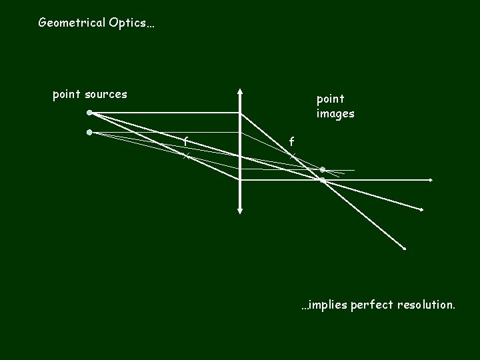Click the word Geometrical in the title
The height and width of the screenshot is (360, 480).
click(71, 23)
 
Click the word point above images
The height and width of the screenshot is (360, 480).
click(331, 99)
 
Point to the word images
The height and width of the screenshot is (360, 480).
click(335, 114)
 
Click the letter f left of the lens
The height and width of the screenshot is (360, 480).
click(186, 141)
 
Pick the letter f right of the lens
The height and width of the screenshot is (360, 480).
click(291, 141)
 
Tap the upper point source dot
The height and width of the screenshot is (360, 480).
click(89, 113)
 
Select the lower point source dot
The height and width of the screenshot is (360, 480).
click(89, 132)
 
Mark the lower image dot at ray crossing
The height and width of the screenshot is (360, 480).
click(322, 180)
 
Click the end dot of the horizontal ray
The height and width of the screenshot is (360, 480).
click(431, 180)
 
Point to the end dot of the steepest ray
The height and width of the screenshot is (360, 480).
click(404, 249)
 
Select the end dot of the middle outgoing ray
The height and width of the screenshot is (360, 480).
click(421, 210)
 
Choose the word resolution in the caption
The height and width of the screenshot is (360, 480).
click(426, 306)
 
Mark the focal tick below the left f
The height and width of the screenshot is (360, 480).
click(187, 156)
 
